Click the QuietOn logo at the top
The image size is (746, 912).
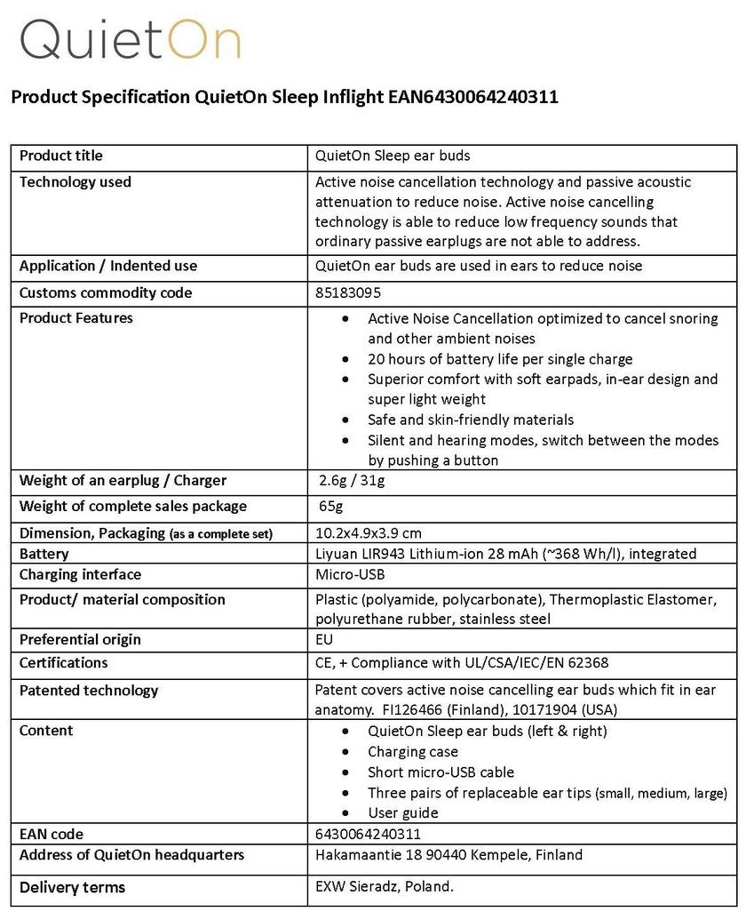coord(130,40)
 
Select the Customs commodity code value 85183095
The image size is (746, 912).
coord(348,292)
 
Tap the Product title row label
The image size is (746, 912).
coord(61,156)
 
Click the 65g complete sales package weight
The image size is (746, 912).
coord(330,506)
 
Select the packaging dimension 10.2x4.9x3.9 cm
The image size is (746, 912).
coord(369,533)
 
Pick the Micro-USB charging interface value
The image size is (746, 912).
coord(350,574)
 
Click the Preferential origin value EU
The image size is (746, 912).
coord(324,639)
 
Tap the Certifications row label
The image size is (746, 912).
coord(63,662)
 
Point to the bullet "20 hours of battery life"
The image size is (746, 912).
coord(500,359)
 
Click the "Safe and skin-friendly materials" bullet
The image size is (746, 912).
coord(471,420)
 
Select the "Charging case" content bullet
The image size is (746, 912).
coord(413,751)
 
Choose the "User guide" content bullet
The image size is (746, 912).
coord(403,812)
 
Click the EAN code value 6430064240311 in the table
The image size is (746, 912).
coord(368,834)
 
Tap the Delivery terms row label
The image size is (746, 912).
coord(72,887)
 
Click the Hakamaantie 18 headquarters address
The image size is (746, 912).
coord(448,855)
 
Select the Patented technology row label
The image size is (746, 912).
coord(89,690)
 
